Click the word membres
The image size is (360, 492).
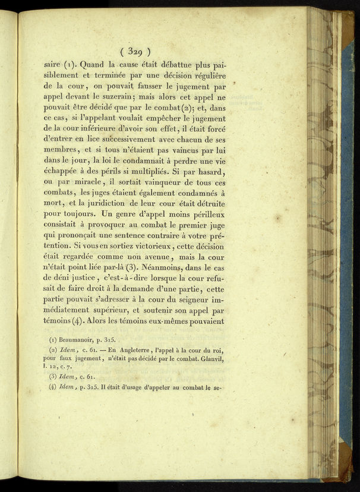(x=60, y=152)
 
